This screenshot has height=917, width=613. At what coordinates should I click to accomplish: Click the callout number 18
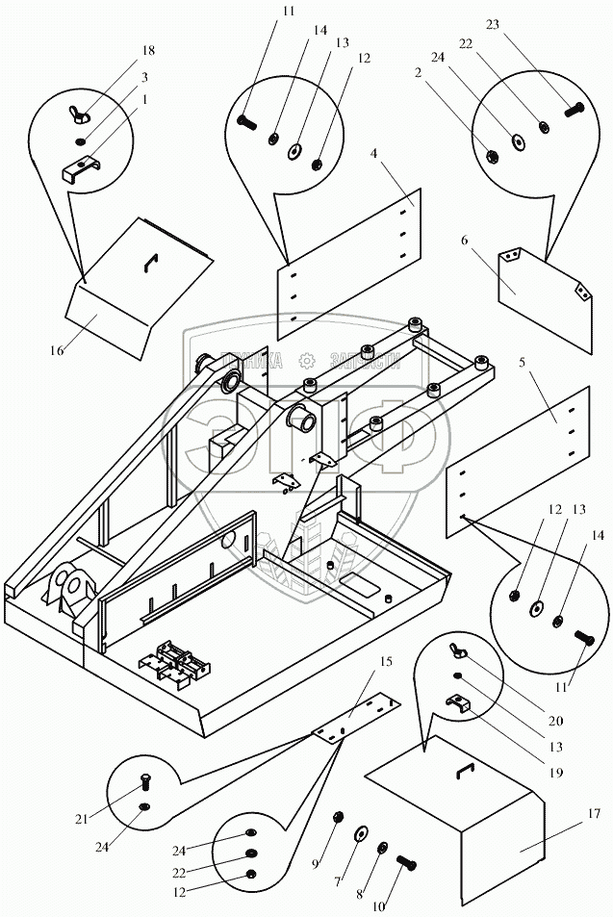coord(148,49)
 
